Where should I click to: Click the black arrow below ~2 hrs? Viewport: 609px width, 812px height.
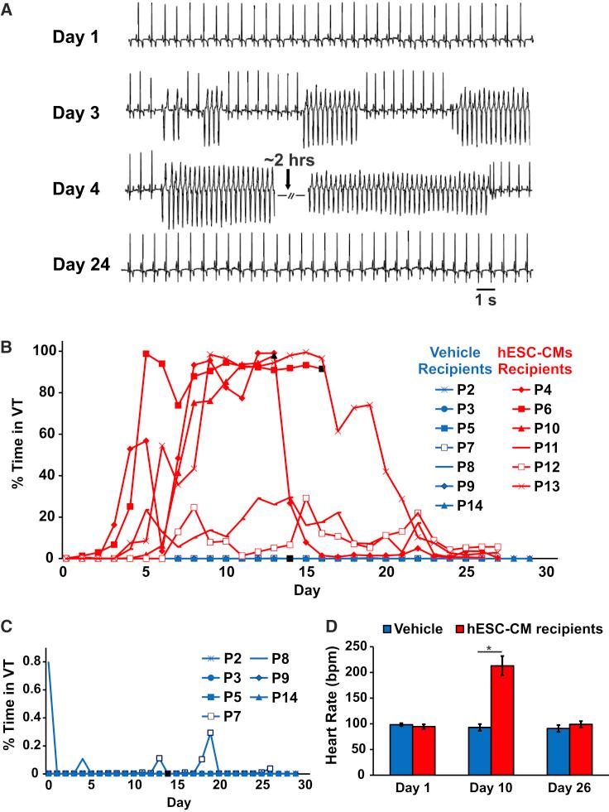[x=287, y=179]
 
